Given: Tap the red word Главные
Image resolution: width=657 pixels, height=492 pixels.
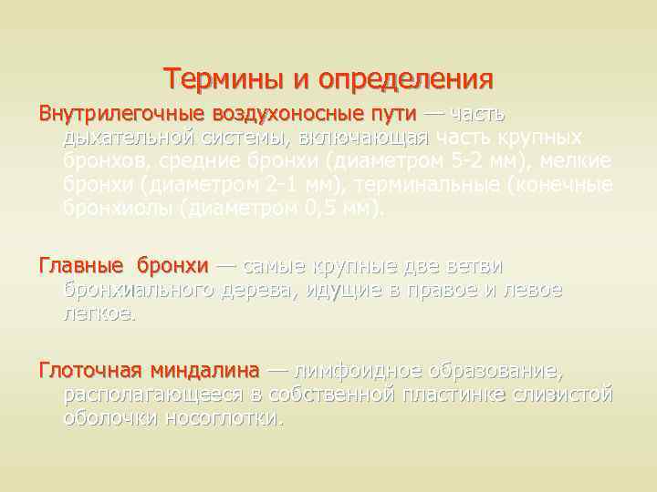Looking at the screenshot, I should tap(80, 266).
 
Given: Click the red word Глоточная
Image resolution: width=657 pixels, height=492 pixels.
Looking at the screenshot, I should tap(89, 372).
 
